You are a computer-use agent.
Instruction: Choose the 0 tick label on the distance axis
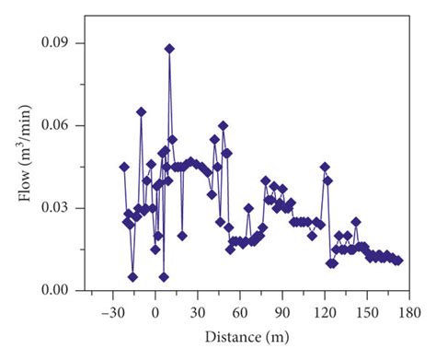[155, 311]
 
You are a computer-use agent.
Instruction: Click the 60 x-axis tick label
[239, 311]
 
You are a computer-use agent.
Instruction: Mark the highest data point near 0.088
[169, 49]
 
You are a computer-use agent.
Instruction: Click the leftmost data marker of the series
[124, 167]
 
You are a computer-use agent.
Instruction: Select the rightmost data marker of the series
[398, 261]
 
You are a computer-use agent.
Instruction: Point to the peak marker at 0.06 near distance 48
[223, 125]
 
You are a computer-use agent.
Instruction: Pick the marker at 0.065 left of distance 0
[141, 111]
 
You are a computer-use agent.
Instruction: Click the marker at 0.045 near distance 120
[325, 167]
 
